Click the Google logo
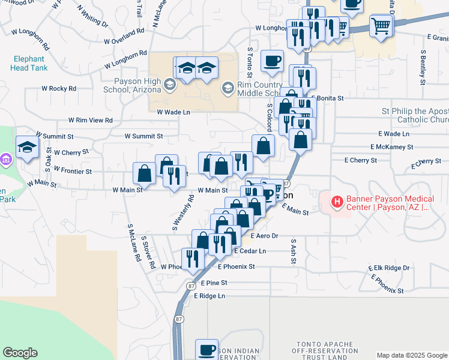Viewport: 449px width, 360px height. click(x=20, y=353)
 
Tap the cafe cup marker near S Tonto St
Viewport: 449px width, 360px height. click(x=273, y=61)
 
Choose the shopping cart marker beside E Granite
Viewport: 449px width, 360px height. click(x=381, y=25)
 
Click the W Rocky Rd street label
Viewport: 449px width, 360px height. click(x=59, y=88)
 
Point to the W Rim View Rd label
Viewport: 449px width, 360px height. click(x=90, y=120)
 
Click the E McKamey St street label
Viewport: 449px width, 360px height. click(x=392, y=146)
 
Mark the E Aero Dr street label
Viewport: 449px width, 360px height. click(x=265, y=236)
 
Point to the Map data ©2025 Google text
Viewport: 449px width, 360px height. click(x=411, y=355)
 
